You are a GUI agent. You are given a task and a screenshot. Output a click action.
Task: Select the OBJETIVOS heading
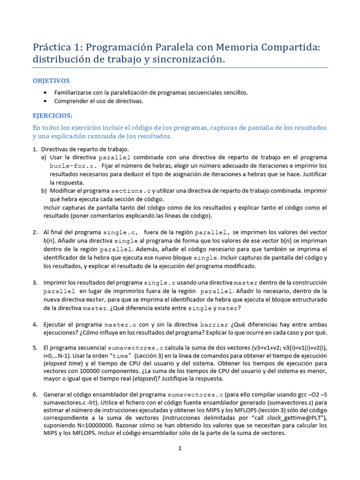click(51, 81)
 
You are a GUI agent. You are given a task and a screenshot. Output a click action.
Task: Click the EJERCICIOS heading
click(52, 115)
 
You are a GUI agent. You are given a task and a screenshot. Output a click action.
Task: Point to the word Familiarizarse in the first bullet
click(73, 92)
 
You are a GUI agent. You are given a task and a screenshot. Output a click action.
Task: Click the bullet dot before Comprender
click(45, 101)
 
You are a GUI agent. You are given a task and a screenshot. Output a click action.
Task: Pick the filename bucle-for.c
click(73, 166)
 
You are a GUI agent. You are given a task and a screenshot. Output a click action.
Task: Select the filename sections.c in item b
click(131, 191)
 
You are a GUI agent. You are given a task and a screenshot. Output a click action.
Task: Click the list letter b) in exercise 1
click(44, 191)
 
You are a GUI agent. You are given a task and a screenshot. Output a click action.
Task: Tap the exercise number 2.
click(35, 232)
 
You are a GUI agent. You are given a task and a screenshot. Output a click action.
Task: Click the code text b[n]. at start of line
click(51, 241)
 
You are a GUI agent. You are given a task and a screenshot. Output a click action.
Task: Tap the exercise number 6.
click(35, 395)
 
